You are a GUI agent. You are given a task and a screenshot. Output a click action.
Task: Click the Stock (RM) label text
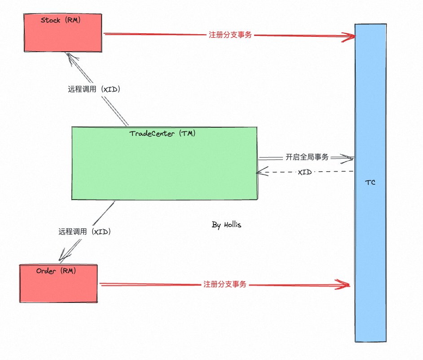(x=61, y=20)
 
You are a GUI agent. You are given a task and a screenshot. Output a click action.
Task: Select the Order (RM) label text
(x=56, y=271)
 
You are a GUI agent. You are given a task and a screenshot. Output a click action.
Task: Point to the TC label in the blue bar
(x=370, y=182)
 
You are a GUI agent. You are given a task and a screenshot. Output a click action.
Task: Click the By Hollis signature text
(x=226, y=225)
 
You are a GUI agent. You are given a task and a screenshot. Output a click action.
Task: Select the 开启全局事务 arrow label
(x=307, y=157)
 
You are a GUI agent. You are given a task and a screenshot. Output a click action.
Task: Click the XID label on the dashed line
(x=305, y=172)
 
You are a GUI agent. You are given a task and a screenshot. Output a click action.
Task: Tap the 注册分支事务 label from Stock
(x=230, y=35)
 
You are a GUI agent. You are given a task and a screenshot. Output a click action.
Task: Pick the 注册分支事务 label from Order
(x=225, y=284)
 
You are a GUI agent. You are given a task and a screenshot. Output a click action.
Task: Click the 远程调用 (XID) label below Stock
(x=94, y=89)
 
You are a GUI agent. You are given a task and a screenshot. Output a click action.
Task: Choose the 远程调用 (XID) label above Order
(x=84, y=232)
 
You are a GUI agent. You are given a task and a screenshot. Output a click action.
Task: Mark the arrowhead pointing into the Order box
(x=63, y=258)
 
